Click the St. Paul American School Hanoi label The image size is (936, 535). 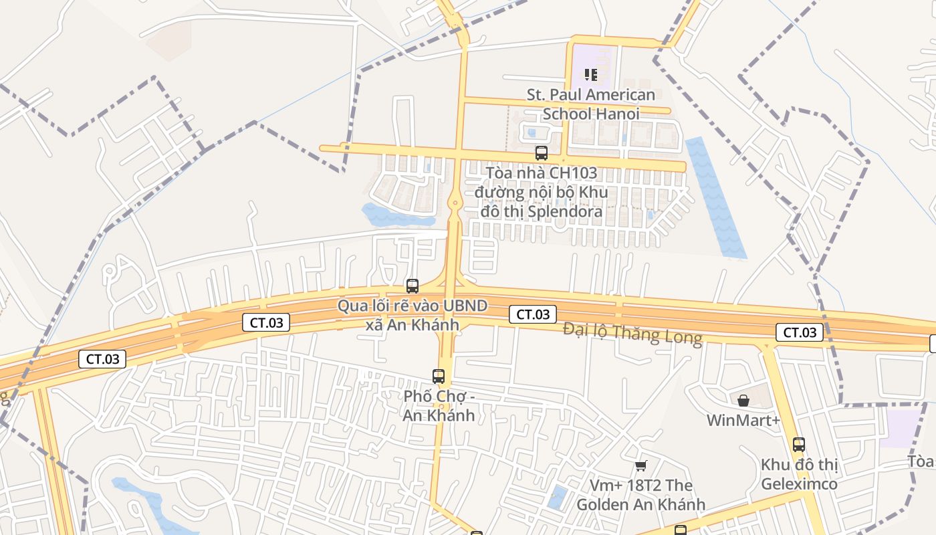pos(590,104)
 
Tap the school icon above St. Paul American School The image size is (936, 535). pos(590,74)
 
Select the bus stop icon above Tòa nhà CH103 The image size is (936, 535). pos(542,153)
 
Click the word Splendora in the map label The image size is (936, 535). pos(565,212)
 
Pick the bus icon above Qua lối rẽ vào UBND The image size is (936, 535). pos(413,286)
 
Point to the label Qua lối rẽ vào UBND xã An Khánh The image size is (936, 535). pos(412,316)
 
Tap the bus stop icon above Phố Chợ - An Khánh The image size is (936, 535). pos(439,377)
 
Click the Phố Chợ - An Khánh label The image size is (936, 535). pos(439,405)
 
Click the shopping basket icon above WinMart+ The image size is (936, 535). pos(743,401)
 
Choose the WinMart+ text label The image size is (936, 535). pos(743,421)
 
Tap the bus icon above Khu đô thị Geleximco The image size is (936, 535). pos(799,444)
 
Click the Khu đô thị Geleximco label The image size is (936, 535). pos(799,473)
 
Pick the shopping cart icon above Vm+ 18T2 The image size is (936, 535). pos(641,465)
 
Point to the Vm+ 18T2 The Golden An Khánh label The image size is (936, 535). pos(640,495)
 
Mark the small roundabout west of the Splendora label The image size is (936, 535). pos(455,202)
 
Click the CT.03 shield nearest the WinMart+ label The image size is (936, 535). pos(800,332)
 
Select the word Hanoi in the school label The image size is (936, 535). pos(619,114)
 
